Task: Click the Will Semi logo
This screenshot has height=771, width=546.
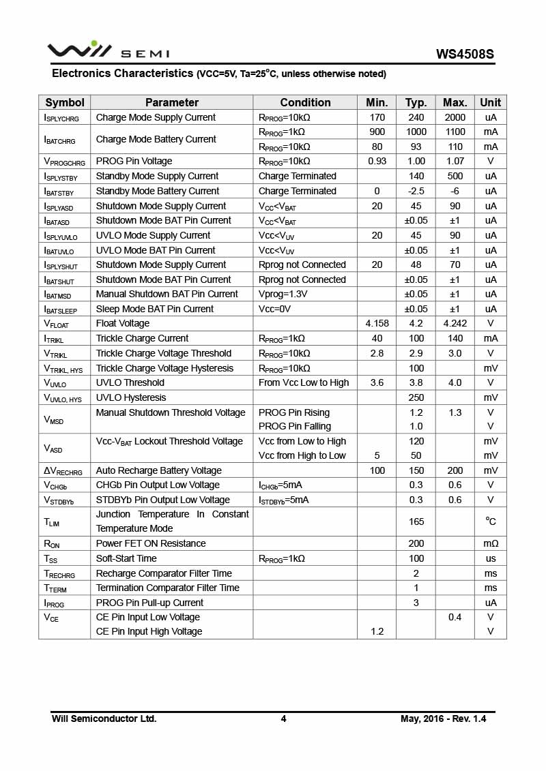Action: [108, 51]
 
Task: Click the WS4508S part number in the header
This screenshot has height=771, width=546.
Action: [465, 54]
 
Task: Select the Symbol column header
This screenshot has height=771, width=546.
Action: [65, 102]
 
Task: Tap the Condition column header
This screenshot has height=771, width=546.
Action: [305, 102]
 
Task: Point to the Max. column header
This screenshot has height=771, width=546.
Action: [455, 102]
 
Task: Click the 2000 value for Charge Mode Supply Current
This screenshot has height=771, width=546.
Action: [455, 117]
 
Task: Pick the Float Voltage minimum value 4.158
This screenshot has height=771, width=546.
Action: [377, 323]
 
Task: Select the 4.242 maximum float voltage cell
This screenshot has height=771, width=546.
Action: [455, 323]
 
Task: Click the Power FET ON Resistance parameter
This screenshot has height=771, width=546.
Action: [151, 543]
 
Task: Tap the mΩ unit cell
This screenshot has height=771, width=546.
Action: [490, 543]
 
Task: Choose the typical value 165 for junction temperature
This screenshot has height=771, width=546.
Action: [416, 521]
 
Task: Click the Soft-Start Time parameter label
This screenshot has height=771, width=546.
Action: [126, 558]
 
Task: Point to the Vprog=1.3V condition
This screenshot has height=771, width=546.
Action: [283, 294]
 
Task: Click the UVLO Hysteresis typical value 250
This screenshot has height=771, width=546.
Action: [416, 397]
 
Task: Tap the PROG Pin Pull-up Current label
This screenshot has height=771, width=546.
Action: [149, 603]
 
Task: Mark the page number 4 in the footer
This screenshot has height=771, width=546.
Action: [283, 719]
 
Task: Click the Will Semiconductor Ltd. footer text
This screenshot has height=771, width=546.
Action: [104, 719]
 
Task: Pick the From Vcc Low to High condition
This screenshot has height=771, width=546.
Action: [304, 382]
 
